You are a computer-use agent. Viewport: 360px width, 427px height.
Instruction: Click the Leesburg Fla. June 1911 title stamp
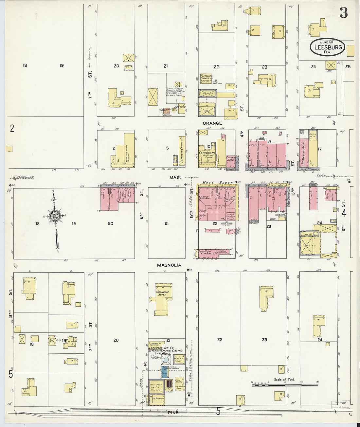pyautogui.click(x=327, y=47)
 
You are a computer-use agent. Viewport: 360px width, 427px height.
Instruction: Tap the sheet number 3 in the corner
pyautogui.click(x=343, y=13)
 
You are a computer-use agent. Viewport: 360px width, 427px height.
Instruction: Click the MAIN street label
pyautogui.click(x=175, y=178)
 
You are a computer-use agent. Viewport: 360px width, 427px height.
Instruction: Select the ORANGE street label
pyautogui.click(x=212, y=123)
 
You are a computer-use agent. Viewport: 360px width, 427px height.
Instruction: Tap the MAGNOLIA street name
pyautogui.click(x=169, y=265)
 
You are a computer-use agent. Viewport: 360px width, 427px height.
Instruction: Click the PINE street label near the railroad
pyautogui.click(x=173, y=413)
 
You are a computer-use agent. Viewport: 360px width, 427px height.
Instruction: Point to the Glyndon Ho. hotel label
pyautogui.click(x=207, y=153)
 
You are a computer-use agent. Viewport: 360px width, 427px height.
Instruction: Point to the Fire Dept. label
pyautogui.click(x=180, y=107)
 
